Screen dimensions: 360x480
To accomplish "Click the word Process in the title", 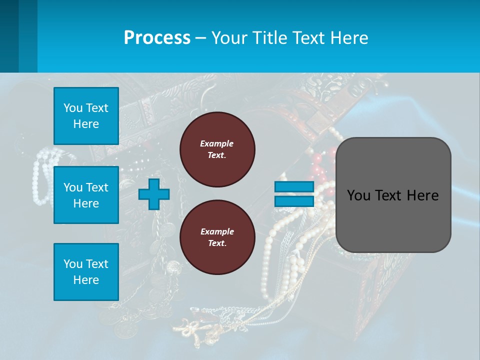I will (x=157, y=38).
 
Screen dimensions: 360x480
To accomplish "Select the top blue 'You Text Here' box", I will (x=86, y=116).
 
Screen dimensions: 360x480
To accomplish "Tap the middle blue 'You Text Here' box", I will (x=86, y=195).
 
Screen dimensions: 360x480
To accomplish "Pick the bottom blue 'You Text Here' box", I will (x=86, y=272).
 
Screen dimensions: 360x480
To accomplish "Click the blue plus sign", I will (x=154, y=194).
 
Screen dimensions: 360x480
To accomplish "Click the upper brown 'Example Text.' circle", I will (x=217, y=149).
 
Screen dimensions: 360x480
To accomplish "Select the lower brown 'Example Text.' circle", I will (x=217, y=237).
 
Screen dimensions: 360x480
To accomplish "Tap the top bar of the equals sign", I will (x=294, y=187).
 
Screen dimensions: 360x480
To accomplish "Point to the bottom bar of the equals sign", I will (x=294, y=201).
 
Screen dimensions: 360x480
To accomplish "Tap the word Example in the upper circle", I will (x=216, y=143).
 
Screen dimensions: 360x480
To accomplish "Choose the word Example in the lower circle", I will (x=216, y=231).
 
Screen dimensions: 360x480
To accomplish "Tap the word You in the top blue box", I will (x=72, y=108).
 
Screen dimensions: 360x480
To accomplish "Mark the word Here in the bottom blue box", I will (x=86, y=280).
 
